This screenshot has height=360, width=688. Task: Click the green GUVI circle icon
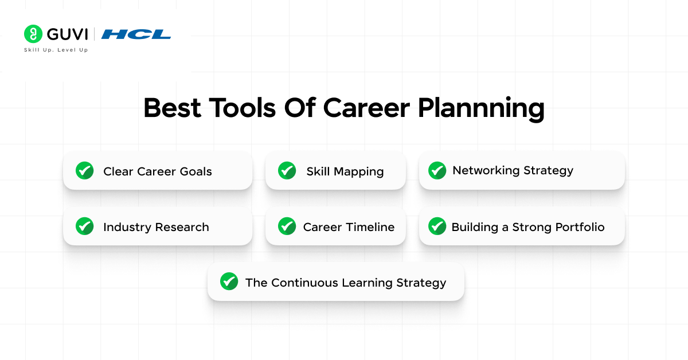(x=33, y=34)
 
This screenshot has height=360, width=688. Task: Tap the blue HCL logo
(x=136, y=34)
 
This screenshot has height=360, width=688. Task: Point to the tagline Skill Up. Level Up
(x=56, y=50)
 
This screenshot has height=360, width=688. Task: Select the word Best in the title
(x=172, y=108)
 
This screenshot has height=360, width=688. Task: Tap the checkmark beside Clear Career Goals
(x=85, y=171)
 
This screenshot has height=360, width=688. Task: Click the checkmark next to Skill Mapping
(x=287, y=171)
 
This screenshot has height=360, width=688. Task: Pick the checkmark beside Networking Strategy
(x=437, y=170)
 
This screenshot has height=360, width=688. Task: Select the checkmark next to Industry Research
(x=85, y=226)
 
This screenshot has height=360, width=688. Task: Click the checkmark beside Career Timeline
(x=287, y=226)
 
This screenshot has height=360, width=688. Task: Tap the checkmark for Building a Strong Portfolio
(x=437, y=226)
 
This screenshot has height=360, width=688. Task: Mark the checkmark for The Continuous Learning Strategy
(x=229, y=281)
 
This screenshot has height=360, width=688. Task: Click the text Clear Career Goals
(x=157, y=171)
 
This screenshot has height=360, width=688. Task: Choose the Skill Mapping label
(x=345, y=171)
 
